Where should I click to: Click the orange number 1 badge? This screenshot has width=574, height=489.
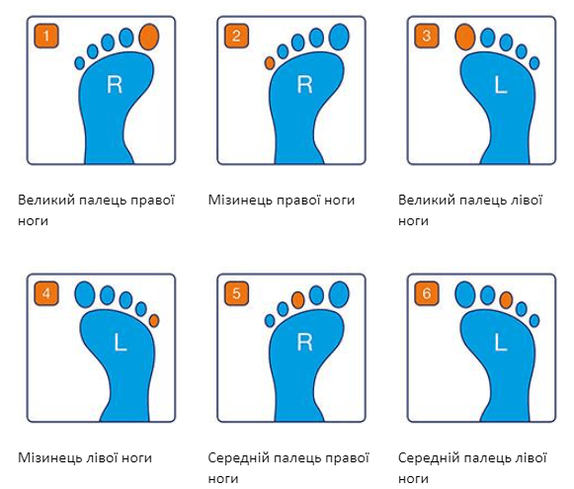(x=46, y=36)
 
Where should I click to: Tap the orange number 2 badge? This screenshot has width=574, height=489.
(x=236, y=36)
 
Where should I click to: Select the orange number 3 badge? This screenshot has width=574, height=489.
(x=427, y=36)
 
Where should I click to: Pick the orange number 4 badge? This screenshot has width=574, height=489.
(x=46, y=293)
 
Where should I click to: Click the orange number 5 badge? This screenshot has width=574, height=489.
(x=236, y=293)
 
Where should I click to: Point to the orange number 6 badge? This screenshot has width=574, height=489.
(x=427, y=293)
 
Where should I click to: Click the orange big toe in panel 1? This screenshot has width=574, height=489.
(x=149, y=37)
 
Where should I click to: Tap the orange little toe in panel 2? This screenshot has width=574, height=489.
(x=270, y=63)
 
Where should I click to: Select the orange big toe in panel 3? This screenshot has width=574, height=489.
(x=465, y=37)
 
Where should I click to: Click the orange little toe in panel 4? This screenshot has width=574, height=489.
(x=154, y=321)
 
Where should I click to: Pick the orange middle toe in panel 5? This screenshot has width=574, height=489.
(x=298, y=300)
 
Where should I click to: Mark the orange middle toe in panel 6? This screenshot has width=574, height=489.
(x=506, y=300)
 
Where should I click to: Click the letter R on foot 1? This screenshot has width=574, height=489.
(x=115, y=85)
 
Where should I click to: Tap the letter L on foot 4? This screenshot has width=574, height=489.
(x=121, y=343)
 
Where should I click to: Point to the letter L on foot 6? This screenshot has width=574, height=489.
(x=501, y=343)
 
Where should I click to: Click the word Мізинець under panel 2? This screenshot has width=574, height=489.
(x=240, y=201)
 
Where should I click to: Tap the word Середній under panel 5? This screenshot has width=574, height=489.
(x=238, y=458)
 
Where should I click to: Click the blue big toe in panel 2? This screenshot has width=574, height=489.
(x=339, y=37)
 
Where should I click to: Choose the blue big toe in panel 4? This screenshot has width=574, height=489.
(x=85, y=294)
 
